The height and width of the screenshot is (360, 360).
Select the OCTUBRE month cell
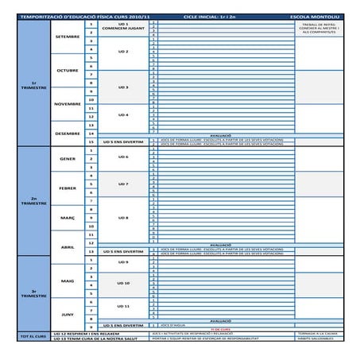68,70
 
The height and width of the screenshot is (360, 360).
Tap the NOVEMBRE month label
68,104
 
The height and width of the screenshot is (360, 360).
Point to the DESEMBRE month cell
68,133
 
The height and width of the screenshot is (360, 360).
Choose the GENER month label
68,158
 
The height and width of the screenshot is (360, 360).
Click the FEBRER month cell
68,188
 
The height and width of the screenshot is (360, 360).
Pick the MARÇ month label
68,217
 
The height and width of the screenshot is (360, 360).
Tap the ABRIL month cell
68,246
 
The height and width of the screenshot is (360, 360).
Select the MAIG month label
68,281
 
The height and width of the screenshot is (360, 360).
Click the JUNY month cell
68,314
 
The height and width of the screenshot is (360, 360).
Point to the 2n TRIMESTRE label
33,201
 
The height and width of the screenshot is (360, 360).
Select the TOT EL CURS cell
33,338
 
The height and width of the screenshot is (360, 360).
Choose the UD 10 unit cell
122,283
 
